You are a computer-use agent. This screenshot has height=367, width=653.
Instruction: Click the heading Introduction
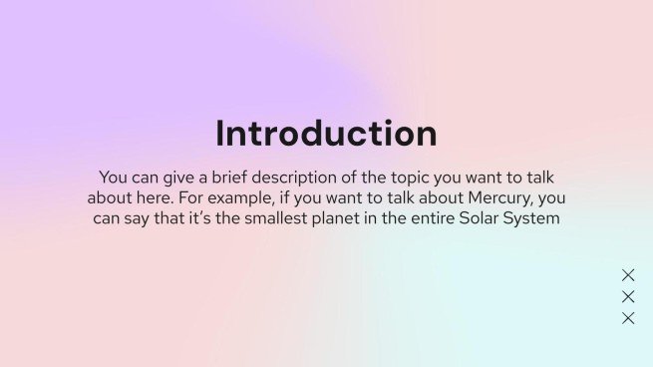point(326,134)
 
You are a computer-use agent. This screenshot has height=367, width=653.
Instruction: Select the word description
point(289,177)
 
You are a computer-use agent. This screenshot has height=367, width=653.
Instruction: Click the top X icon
point(628,275)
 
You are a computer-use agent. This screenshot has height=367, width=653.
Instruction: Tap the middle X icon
point(628,296)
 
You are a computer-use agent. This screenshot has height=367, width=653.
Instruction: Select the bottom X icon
point(628,318)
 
